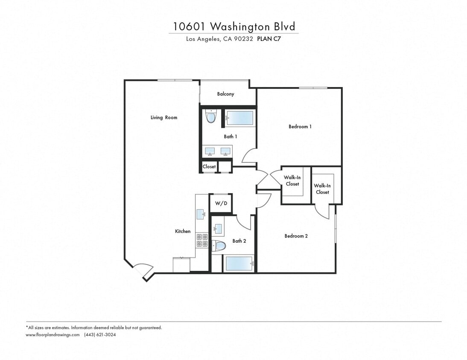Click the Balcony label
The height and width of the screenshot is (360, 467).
click(225, 94)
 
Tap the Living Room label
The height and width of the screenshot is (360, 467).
click(163, 117)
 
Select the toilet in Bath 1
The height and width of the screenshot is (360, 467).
click(211, 116)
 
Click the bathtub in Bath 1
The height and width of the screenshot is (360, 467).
click(239, 118)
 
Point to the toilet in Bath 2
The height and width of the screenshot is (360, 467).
click(219, 245)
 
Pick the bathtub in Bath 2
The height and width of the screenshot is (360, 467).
click(239, 264)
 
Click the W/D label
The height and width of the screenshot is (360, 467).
click(221, 203)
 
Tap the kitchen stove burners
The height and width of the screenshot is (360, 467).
click(201, 240)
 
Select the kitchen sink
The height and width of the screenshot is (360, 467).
click(200, 214)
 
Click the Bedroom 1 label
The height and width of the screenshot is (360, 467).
click(300, 126)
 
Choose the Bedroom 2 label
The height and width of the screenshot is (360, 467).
click(296, 236)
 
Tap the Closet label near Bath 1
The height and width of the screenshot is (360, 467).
click(209, 166)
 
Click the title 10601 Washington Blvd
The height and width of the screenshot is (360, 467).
click(233, 26)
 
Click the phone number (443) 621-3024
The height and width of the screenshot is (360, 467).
click(100, 335)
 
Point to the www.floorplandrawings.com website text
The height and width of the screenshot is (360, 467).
click(53, 335)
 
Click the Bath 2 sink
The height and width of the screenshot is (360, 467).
click(218, 229)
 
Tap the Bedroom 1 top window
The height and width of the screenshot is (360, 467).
click(313, 88)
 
